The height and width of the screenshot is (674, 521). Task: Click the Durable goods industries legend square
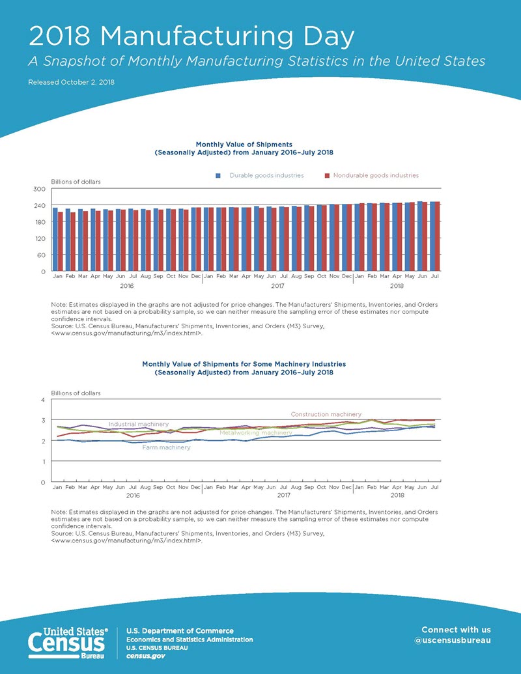219,176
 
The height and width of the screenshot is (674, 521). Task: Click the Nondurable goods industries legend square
327,176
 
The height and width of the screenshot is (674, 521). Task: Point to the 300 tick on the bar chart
39,189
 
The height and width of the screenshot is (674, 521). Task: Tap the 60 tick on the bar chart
41,255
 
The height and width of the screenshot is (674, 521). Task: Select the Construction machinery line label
326,414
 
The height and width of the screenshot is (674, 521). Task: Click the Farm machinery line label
166,447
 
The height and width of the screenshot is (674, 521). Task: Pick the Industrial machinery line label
138,424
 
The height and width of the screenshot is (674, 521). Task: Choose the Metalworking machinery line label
255,432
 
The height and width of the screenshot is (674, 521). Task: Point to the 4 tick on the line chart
42,399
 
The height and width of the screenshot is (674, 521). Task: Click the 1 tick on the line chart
42,462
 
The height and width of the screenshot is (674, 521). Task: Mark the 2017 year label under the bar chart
277,285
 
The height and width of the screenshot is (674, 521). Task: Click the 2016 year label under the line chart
133,496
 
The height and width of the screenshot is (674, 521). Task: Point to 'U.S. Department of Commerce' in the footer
179,630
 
